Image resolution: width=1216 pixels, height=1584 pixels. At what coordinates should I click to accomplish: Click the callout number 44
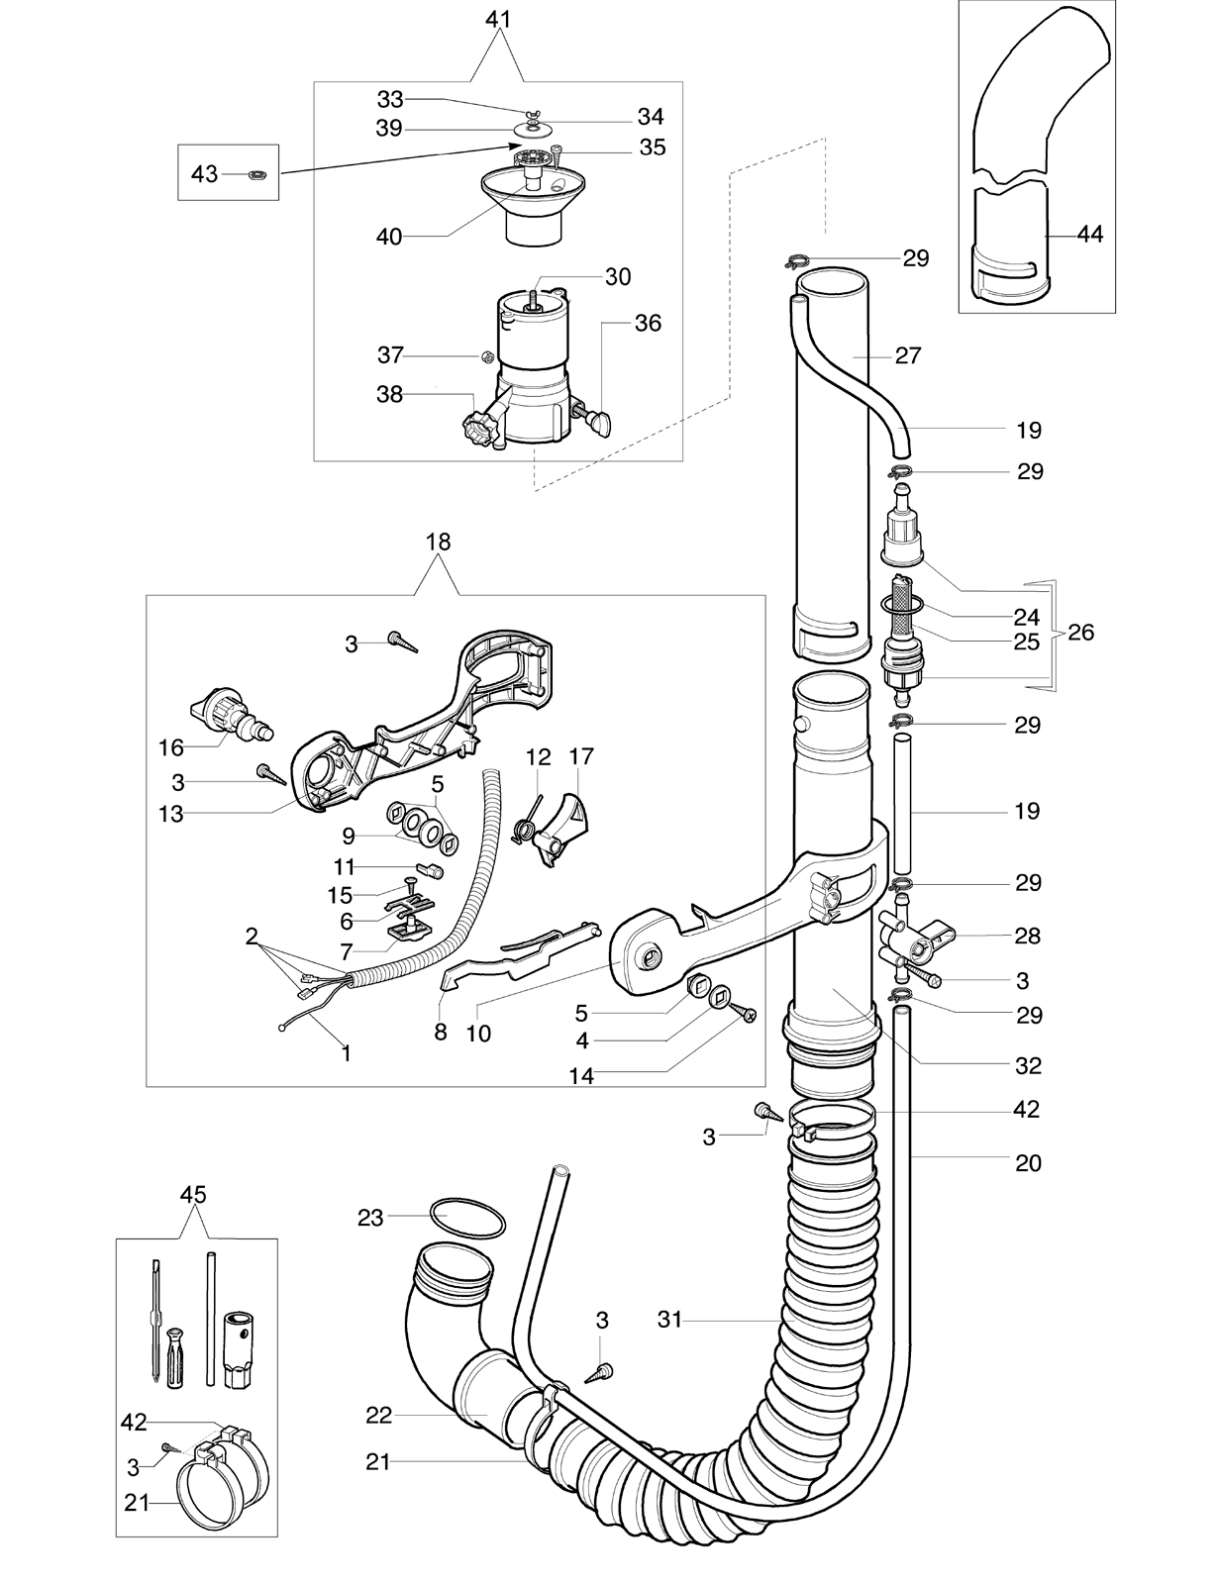click(x=1089, y=235)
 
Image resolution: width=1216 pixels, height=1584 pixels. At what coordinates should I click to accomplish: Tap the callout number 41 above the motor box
click(x=497, y=20)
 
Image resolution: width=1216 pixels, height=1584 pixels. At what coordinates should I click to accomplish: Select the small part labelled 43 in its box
click(x=256, y=173)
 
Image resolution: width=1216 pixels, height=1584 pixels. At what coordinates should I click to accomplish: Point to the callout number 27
click(x=908, y=355)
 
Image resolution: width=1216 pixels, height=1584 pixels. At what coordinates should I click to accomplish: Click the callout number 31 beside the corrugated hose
click(x=669, y=1319)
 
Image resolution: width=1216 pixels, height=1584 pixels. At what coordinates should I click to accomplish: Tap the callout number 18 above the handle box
click(x=438, y=543)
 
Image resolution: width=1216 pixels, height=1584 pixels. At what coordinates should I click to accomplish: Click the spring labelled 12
click(x=527, y=823)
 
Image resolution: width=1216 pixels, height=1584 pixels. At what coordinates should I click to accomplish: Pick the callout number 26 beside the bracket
click(x=1080, y=632)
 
